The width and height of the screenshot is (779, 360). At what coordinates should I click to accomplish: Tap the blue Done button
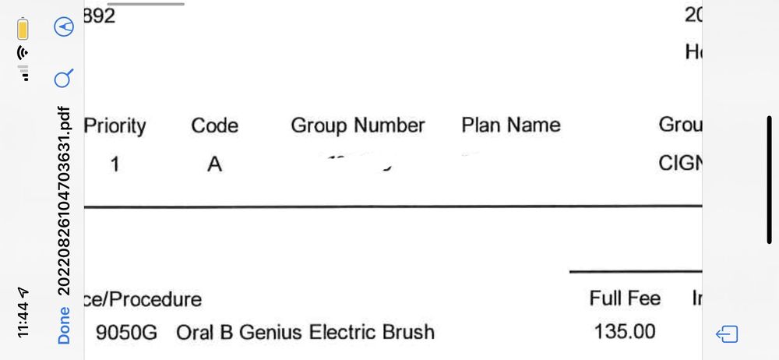pos(64,326)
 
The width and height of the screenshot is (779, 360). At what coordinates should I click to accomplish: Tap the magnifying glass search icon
pos(64,78)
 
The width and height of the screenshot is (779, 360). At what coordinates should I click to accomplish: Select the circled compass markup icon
pos(64,27)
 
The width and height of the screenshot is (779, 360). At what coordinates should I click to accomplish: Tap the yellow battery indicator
pos(23,29)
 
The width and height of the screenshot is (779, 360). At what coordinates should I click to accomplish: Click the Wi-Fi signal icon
pos(23,54)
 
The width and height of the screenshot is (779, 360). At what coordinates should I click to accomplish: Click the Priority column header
pos(115,125)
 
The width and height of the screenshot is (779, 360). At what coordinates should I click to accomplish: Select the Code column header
pos(215,125)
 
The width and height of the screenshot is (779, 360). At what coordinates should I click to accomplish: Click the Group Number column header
pos(358,125)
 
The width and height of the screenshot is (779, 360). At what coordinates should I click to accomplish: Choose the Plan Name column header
pos(510,125)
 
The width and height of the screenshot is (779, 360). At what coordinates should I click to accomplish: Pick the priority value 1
pos(115,165)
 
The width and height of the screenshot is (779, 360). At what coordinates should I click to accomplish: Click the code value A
pos(214,165)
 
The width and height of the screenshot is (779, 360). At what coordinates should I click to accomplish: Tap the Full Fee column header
pos(625,298)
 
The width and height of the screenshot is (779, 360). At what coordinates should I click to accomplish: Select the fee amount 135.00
pos(625,332)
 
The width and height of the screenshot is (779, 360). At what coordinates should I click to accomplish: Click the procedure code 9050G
pos(126,333)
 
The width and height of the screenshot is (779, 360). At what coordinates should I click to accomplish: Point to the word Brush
pos(407,333)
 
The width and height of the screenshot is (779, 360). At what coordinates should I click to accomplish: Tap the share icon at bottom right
pos(727,335)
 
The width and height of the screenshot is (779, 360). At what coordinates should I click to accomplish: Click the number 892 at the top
pos(100,16)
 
